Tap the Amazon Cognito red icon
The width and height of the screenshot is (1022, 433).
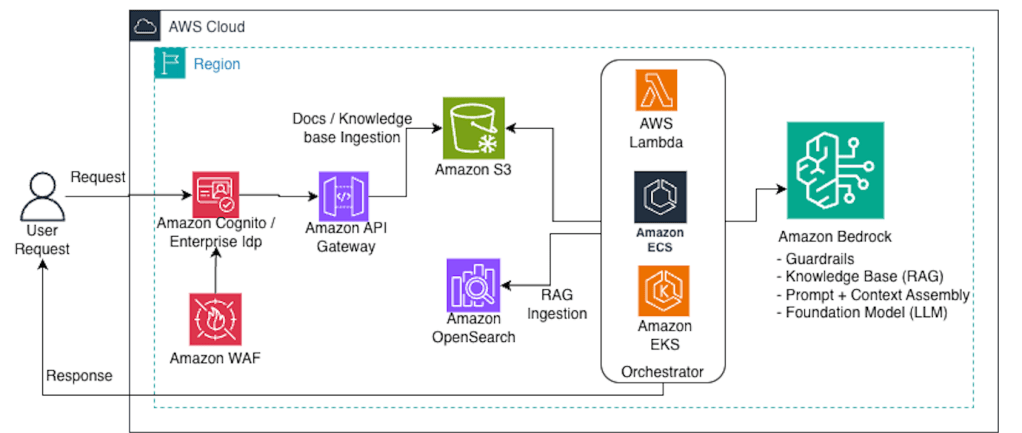[216, 195]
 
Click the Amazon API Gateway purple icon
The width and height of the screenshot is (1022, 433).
[344, 196]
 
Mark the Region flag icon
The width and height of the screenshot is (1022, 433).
[167, 62]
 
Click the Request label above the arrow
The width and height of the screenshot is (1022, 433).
[98, 177]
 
